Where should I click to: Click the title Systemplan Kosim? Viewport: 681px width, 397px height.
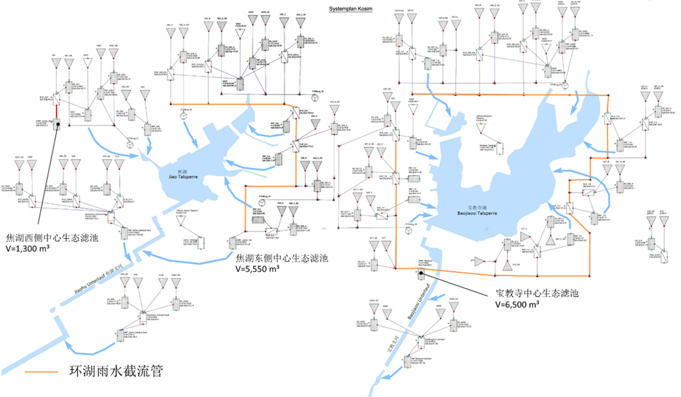(351, 9)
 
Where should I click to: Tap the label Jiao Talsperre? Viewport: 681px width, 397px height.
(183, 177)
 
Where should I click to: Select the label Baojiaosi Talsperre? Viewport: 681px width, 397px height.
(477, 213)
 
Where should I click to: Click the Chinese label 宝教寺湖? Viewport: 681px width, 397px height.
(477, 208)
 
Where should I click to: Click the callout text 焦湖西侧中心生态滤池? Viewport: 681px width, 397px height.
(52, 237)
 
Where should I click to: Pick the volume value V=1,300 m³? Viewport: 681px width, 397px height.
(28, 248)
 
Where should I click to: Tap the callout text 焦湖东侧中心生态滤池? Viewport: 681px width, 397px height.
(282, 258)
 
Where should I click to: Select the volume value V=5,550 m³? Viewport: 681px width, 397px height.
(258, 269)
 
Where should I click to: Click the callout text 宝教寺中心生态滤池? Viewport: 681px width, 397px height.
(537, 293)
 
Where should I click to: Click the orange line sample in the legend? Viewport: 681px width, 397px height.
(41, 372)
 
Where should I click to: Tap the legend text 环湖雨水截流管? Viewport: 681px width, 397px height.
(116, 371)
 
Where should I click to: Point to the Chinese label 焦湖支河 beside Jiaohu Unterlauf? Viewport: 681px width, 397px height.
(113, 271)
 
